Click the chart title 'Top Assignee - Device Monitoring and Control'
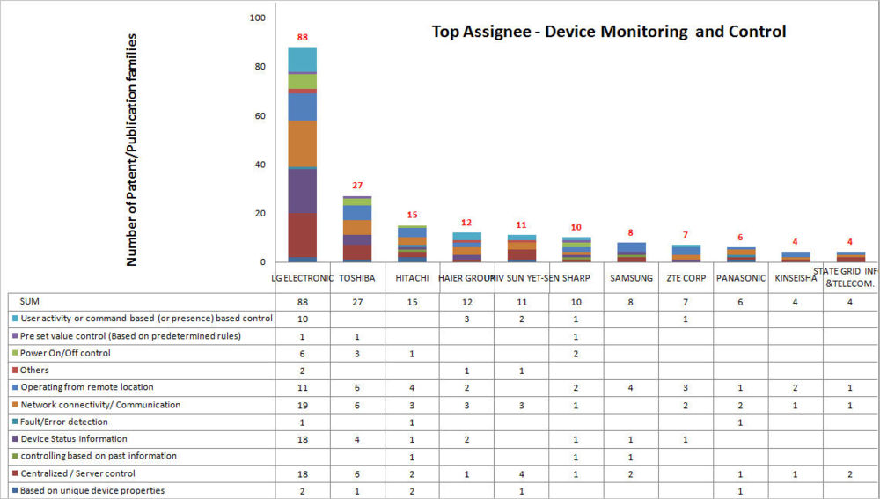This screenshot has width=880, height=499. coord(608,32)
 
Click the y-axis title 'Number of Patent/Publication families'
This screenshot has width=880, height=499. coord(132,150)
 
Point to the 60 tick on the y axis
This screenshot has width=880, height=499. coord(259,115)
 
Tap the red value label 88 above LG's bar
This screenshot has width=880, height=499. coord(302,37)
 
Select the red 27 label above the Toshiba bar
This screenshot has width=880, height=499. coord(356,186)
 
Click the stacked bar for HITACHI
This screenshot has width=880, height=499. coord(412,244)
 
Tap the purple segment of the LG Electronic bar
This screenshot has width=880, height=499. coord(302,190)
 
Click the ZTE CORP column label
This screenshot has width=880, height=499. coord(685,278)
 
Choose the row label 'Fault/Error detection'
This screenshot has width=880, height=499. coord(62,422)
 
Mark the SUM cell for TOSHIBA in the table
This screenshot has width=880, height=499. coord(356,301)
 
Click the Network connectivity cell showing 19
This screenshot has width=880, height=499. coord(302,405)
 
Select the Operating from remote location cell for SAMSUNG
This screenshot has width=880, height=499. coord(630,387)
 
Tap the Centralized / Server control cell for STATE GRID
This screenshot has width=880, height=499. coord(849,473)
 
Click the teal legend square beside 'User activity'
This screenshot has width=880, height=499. coord(14,319)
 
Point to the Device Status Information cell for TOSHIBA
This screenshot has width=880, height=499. coord(356,439)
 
